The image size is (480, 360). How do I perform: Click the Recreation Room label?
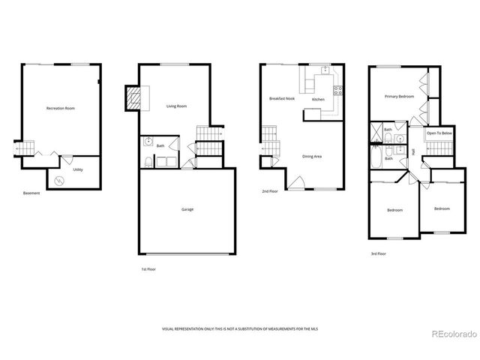(x=60, y=109)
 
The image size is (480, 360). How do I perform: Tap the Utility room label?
(x=78, y=170)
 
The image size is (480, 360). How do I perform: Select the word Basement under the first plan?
(x=31, y=193)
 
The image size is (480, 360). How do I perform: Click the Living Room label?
(x=176, y=106)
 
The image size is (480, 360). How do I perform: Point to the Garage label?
(x=187, y=209)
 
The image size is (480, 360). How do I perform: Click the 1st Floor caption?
(x=148, y=268)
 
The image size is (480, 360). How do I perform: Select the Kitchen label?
(x=318, y=99)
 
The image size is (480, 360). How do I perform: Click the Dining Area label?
(x=312, y=156)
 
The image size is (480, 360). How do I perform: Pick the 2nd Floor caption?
(x=270, y=191)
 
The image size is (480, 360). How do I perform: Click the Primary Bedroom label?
(x=400, y=97)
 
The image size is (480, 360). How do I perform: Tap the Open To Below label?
(x=439, y=133)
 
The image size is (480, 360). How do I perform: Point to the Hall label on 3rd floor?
(x=413, y=151)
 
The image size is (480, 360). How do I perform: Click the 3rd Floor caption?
(x=379, y=254)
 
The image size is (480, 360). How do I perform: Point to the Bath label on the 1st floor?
(x=160, y=145)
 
